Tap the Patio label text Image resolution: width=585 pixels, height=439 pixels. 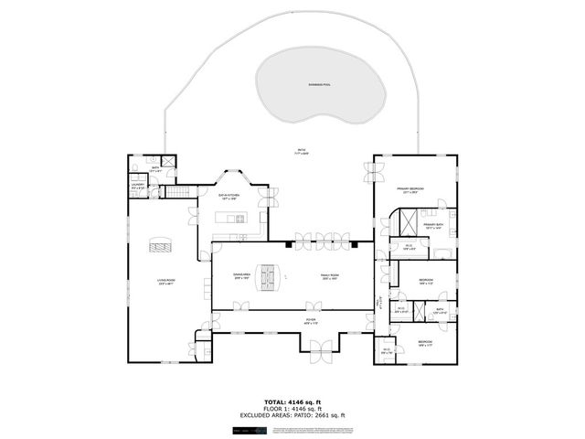click(x=302, y=151)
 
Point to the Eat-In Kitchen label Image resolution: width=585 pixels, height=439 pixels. click(x=229, y=195)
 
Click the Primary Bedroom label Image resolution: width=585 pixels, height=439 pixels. click(x=412, y=190)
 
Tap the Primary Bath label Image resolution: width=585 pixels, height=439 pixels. click(x=432, y=225)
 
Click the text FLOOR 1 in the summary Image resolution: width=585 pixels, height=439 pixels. click(x=268, y=409)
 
